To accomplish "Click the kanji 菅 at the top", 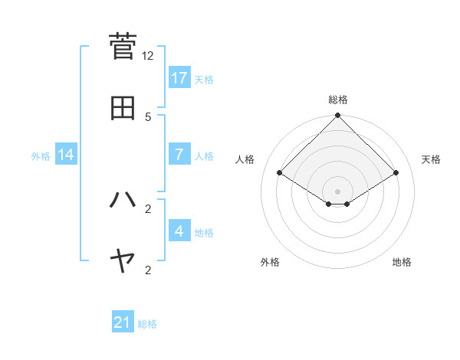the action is (123, 45).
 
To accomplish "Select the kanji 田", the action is (123, 107).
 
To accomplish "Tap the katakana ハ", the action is (123, 200).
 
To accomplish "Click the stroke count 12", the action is (148, 56).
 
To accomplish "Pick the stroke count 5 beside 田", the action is (148, 116).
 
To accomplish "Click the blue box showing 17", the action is (179, 77).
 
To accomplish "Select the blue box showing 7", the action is (179, 154).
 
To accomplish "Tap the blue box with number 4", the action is (179, 231).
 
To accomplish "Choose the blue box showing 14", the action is (66, 155).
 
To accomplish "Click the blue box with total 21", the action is (123, 322).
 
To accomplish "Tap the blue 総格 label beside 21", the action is (147, 324).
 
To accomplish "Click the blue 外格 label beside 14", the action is (41, 155).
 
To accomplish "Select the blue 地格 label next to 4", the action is (204, 232).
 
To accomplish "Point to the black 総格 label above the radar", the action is (338, 100).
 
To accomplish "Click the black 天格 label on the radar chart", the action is (432, 159).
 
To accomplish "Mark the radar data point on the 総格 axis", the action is (338, 116).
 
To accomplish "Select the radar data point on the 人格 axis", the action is (280, 172).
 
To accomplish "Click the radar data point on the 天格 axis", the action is (396, 172).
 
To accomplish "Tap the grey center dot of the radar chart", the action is (338, 191).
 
